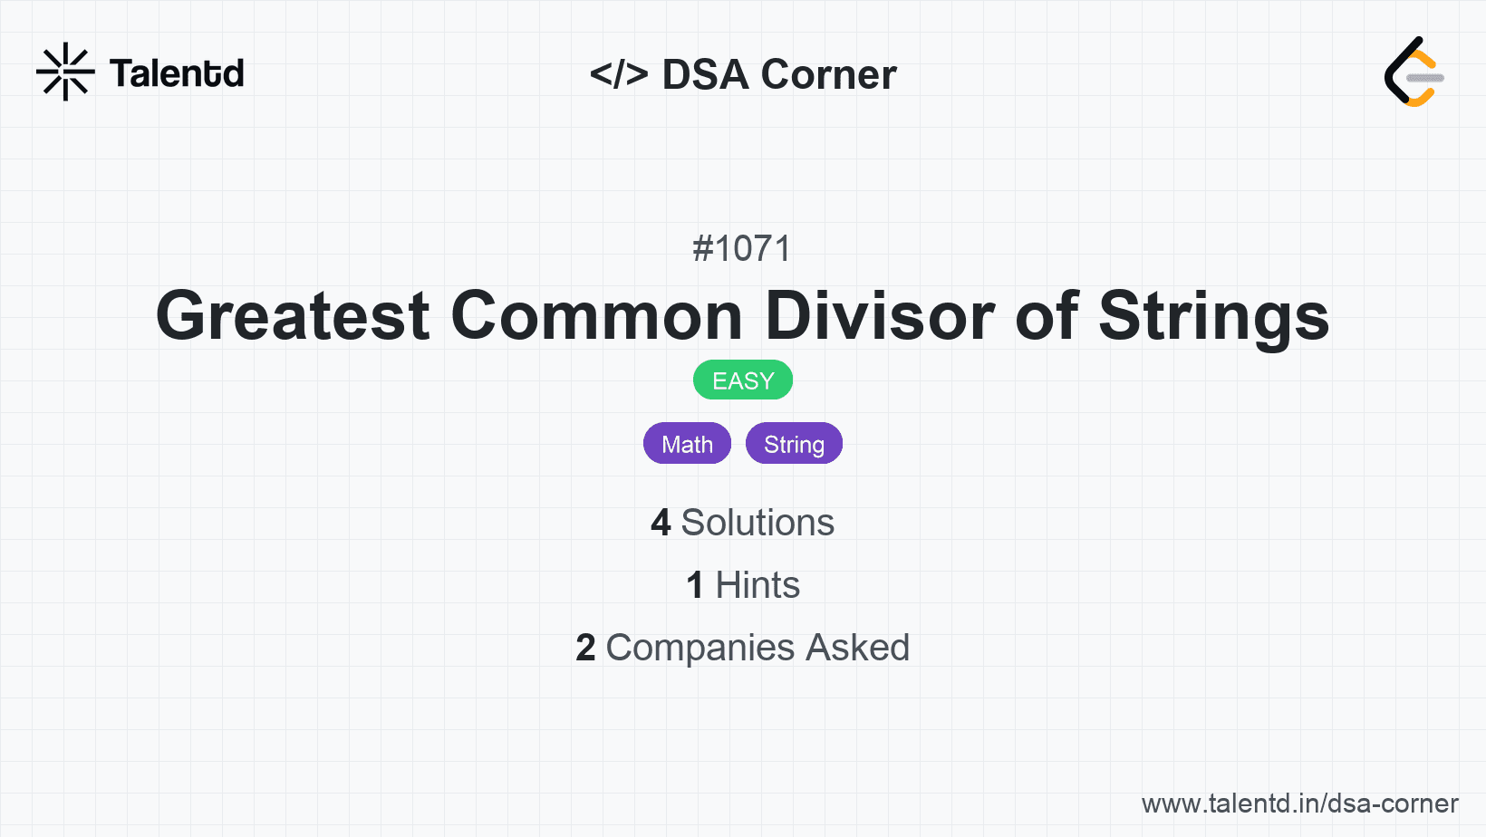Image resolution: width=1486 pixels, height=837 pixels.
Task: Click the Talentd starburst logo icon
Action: coord(65,72)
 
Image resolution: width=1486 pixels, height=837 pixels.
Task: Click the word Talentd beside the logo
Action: coord(177,73)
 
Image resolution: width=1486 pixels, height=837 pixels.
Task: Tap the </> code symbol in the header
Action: coord(618,73)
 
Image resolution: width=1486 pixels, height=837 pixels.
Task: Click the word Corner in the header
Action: coord(828,73)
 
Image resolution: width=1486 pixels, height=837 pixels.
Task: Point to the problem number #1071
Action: coord(742,249)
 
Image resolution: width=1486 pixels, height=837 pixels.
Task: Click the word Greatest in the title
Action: coord(293,316)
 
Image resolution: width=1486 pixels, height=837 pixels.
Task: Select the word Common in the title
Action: coord(596,316)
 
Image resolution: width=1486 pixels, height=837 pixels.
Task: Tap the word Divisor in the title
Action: coord(880,316)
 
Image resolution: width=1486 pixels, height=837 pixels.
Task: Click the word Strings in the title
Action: coord(1214,317)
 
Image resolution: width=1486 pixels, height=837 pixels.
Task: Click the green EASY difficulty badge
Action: coord(743,380)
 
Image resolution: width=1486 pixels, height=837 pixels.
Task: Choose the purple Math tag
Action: coord(687,443)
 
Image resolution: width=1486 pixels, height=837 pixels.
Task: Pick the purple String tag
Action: coord(794,443)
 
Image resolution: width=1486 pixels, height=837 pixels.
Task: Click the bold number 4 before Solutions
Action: coord(661,523)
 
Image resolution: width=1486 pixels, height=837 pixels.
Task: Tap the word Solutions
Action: coord(757,523)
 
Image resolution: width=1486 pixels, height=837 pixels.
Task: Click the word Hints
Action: coord(757,585)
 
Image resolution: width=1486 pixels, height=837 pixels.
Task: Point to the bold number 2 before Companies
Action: coord(585,648)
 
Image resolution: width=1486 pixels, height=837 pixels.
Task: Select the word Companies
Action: coord(700,648)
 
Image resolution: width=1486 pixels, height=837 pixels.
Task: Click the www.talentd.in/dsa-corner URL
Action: coord(1299,803)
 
